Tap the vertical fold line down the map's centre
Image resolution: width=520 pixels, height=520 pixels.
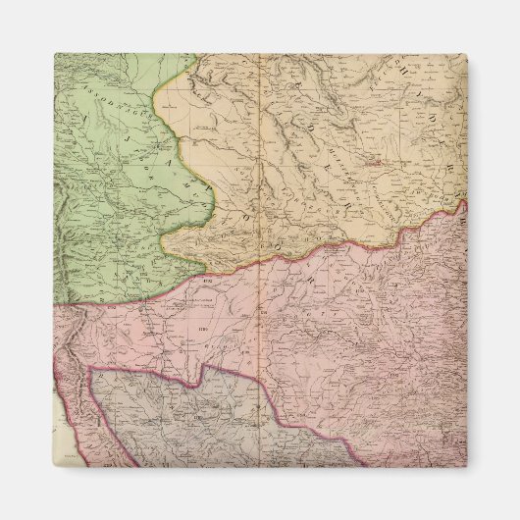[259, 294]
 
